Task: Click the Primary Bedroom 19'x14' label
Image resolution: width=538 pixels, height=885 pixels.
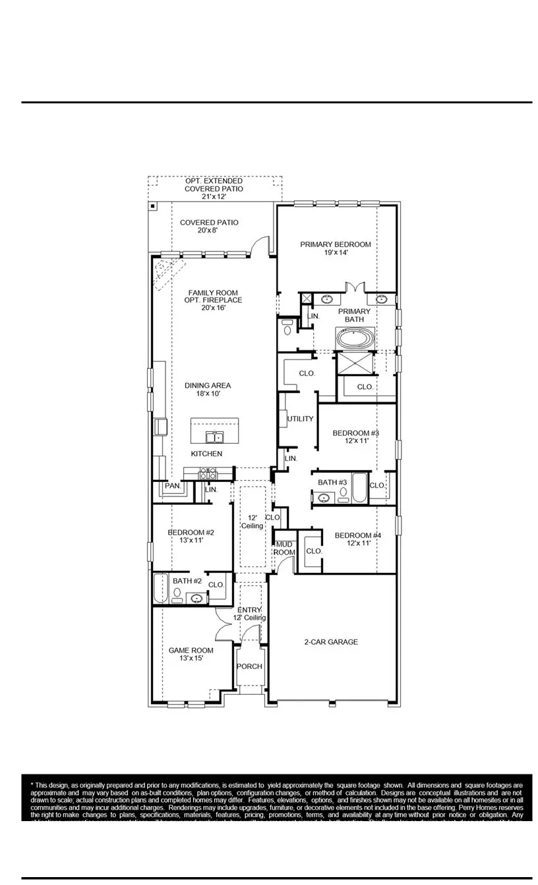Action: tap(336, 248)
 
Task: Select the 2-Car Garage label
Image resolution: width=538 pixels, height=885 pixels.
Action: tap(331, 641)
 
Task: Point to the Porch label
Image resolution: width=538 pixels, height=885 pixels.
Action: tap(249, 666)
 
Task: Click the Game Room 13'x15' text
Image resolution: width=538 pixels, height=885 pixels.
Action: tap(191, 654)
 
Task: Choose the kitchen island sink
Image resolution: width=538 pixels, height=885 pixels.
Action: tap(214, 437)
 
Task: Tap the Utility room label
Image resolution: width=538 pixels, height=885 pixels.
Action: tap(300, 419)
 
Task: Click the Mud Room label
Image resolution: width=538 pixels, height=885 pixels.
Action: tap(284, 548)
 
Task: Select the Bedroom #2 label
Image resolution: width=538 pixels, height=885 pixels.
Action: tap(191, 536)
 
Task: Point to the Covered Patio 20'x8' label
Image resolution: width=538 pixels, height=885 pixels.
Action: tap(209, 227)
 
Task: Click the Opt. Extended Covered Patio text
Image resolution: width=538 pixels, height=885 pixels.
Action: tap(214, 189)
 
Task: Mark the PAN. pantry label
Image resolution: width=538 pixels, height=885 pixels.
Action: tap(173, 486)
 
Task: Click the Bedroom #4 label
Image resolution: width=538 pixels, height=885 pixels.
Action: tap(358, 539)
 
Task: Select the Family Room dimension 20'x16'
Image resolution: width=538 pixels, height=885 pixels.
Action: tap(214, 308)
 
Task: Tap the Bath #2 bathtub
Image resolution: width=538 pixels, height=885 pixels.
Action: tap(160, 588)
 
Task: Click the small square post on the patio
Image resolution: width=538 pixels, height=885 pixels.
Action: tap(153, 206)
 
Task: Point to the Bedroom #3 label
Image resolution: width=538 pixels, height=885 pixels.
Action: tap(355, 437)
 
